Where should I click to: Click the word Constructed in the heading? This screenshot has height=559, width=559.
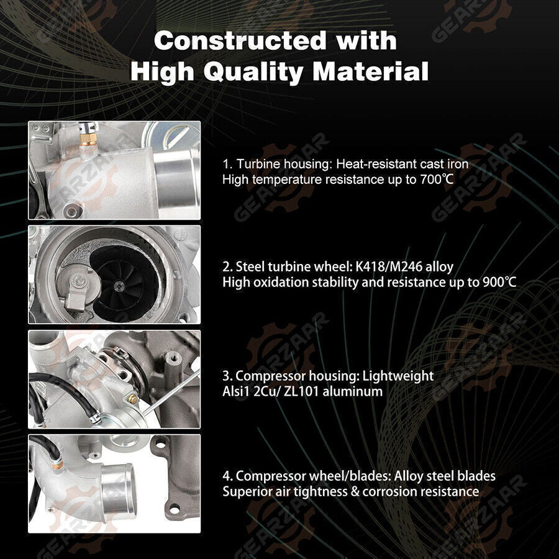pos(240,40)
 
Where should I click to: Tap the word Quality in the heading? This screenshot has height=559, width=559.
pos(254,72)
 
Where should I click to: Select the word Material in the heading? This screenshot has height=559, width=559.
pos(370,71)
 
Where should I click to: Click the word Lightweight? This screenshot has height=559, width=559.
pos(398,376)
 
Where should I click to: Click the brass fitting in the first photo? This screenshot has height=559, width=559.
pos(88,139)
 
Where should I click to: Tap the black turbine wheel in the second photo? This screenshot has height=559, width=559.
pos(119,283)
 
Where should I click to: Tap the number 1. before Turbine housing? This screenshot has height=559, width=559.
pos(227,165)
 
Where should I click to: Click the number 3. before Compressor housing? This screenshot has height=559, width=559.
pos(227,376)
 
